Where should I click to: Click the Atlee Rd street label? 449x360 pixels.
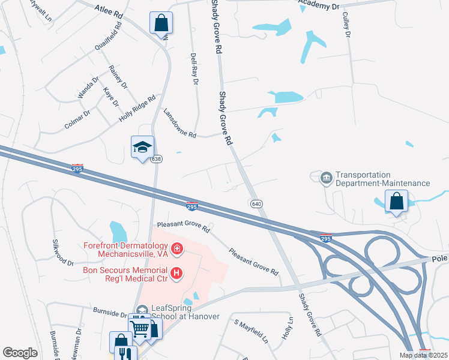pos(109,10)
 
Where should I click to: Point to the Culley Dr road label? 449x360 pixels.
pos(347,26)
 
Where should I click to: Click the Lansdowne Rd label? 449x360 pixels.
pos(180,123)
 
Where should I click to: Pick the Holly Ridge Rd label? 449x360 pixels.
pos(137,109)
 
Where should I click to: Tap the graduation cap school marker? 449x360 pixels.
pos(143,147)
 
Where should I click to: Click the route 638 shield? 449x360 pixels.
pos(156,159)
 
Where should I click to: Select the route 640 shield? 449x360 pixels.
pos(256,204)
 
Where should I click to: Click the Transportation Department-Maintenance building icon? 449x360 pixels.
pos(326,177)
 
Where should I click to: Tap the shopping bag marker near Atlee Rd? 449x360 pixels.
pos(161,23)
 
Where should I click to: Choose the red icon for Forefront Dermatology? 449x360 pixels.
pos(176,248)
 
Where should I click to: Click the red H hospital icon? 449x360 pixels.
pos(176,274)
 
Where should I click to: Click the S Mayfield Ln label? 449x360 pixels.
pos(251,332)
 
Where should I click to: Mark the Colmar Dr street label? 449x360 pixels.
pos(77,119)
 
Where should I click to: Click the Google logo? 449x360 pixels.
pos(20,353)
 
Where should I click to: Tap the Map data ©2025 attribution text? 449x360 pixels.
pos(423,355)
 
